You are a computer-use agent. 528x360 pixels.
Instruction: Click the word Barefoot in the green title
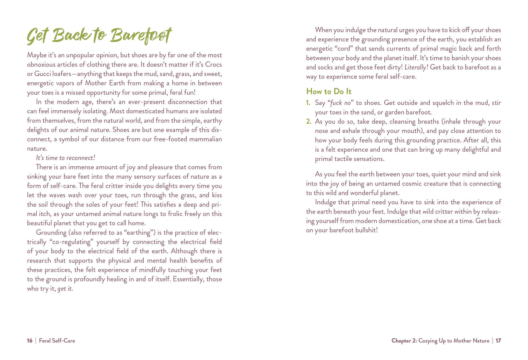coord(141,36)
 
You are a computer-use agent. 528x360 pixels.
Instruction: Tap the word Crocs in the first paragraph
coord(213,64)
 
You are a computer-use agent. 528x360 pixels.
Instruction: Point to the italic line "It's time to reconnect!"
coord(65,158)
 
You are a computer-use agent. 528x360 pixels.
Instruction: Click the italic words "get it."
coord(65,289)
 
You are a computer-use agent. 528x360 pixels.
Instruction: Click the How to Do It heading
coord(329,91)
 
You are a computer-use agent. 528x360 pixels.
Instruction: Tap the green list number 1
coord(308,103)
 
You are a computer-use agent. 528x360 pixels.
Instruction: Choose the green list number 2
coord(308,122)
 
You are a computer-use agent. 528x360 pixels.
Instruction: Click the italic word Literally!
coord(416,67)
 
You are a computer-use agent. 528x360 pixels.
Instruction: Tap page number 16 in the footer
coord(30,341)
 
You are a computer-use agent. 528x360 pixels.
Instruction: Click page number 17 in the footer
coord(498,341)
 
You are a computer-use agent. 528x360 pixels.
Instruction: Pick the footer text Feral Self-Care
coord(57,341)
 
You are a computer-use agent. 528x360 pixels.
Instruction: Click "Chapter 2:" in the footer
coord(404,341)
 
